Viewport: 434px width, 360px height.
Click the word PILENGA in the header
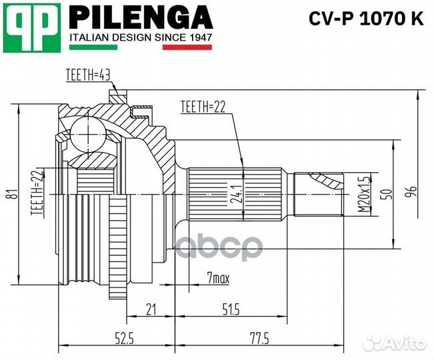[x=141, y=17]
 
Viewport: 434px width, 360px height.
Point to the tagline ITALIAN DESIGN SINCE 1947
[x=141, y=38]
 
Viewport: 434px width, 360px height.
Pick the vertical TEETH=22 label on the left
[x=37, y=193]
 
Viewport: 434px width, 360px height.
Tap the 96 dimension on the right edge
[x=413, y=192]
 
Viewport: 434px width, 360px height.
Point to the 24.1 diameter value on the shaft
[x=235, y=194]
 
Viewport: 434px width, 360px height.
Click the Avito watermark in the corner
[x=397, y=342]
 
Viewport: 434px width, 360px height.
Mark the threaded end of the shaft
[x=319, y=194]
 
